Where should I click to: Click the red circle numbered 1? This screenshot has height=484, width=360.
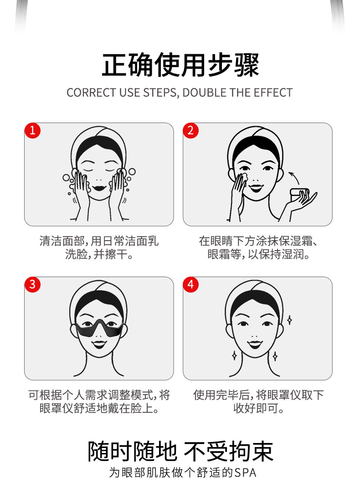[32, 130]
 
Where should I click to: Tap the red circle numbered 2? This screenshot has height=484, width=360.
[191, 130]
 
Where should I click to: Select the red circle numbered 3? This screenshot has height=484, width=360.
[32, 284]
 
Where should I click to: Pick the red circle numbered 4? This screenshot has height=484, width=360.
[191, 284]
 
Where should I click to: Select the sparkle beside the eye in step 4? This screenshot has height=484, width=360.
[289, 320]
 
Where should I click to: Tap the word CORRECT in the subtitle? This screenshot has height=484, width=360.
[92, 93]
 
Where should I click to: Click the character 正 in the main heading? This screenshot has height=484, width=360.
[114, 65]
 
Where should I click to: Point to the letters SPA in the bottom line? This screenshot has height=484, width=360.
[246, 473]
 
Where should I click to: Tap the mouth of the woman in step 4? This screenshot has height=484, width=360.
[255, 344]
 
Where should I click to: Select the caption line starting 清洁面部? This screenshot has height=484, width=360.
[99, 241]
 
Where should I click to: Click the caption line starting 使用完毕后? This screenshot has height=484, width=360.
[258, 395]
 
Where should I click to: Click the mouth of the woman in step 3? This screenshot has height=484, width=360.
[99, 344]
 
